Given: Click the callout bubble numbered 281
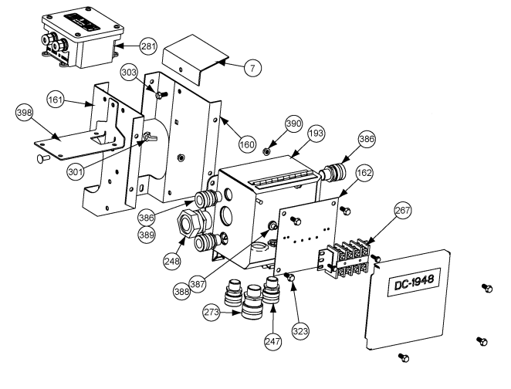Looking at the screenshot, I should click(148, 46).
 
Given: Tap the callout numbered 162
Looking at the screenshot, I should click(364, 174).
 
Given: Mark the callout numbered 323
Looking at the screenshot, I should click(299, 330).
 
